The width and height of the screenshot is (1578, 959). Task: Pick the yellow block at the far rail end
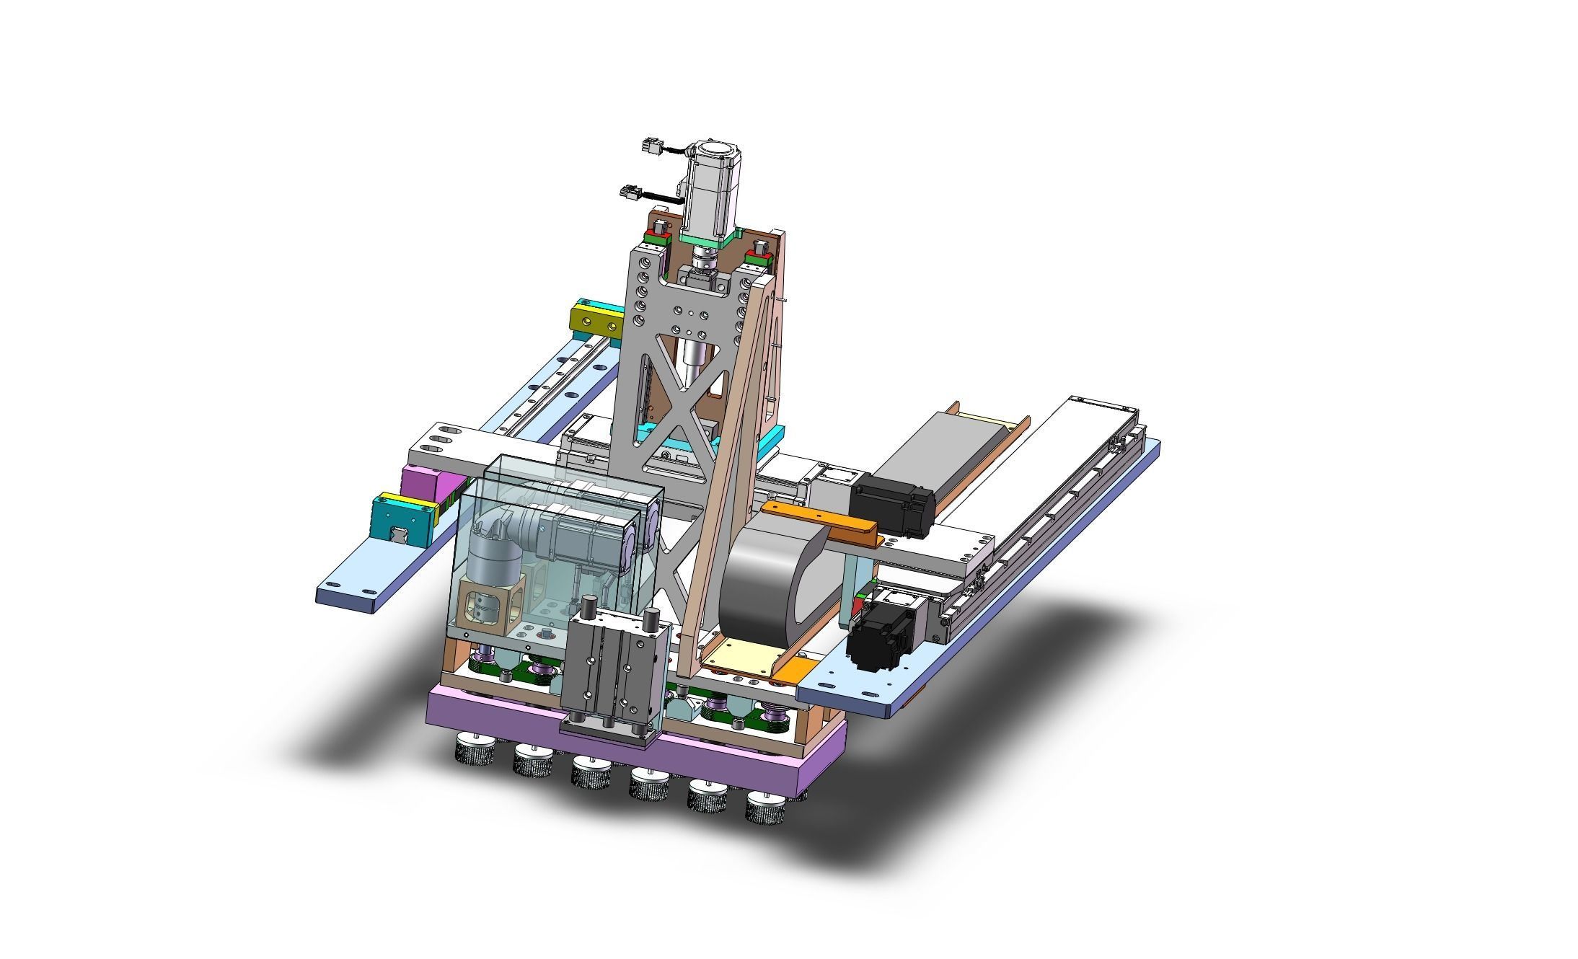tap(596, 319)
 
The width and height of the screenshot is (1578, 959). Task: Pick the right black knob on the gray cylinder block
tap(653, 619)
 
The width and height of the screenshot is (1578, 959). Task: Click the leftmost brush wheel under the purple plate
tap(473, 752)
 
